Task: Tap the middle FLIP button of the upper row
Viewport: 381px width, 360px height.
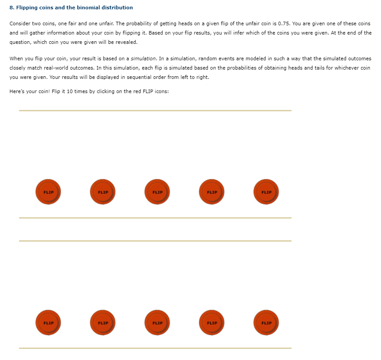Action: (157, 192)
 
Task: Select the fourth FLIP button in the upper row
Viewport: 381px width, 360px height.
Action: (212, 192)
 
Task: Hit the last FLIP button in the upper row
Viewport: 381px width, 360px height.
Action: (266, 192)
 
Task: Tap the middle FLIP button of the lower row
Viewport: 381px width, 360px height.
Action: (157, 323)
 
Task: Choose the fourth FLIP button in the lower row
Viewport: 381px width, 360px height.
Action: (212, 323)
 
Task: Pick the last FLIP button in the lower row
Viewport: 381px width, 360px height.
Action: (266, 323)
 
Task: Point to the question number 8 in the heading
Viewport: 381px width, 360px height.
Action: (11, 8)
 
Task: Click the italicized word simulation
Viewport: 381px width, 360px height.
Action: (143, 59)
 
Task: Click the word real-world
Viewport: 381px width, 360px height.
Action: (55, 68)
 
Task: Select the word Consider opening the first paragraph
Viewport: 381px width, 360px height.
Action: (19, 23)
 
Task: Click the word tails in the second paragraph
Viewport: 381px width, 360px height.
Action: (313, 68)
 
